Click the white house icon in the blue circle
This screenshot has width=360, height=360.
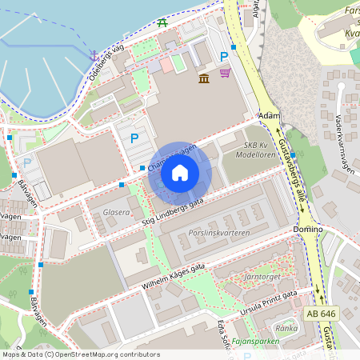[x=180, y=173]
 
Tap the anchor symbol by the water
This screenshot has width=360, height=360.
[x=94, y=55]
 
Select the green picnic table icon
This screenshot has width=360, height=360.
[x=162, y=22]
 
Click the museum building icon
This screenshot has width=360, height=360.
[x=204, y=77]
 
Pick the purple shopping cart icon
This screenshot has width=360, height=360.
[x=226, y=74]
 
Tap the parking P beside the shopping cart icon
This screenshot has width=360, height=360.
[x=224, y=57]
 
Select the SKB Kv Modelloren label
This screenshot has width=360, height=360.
[x=260, y=150]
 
